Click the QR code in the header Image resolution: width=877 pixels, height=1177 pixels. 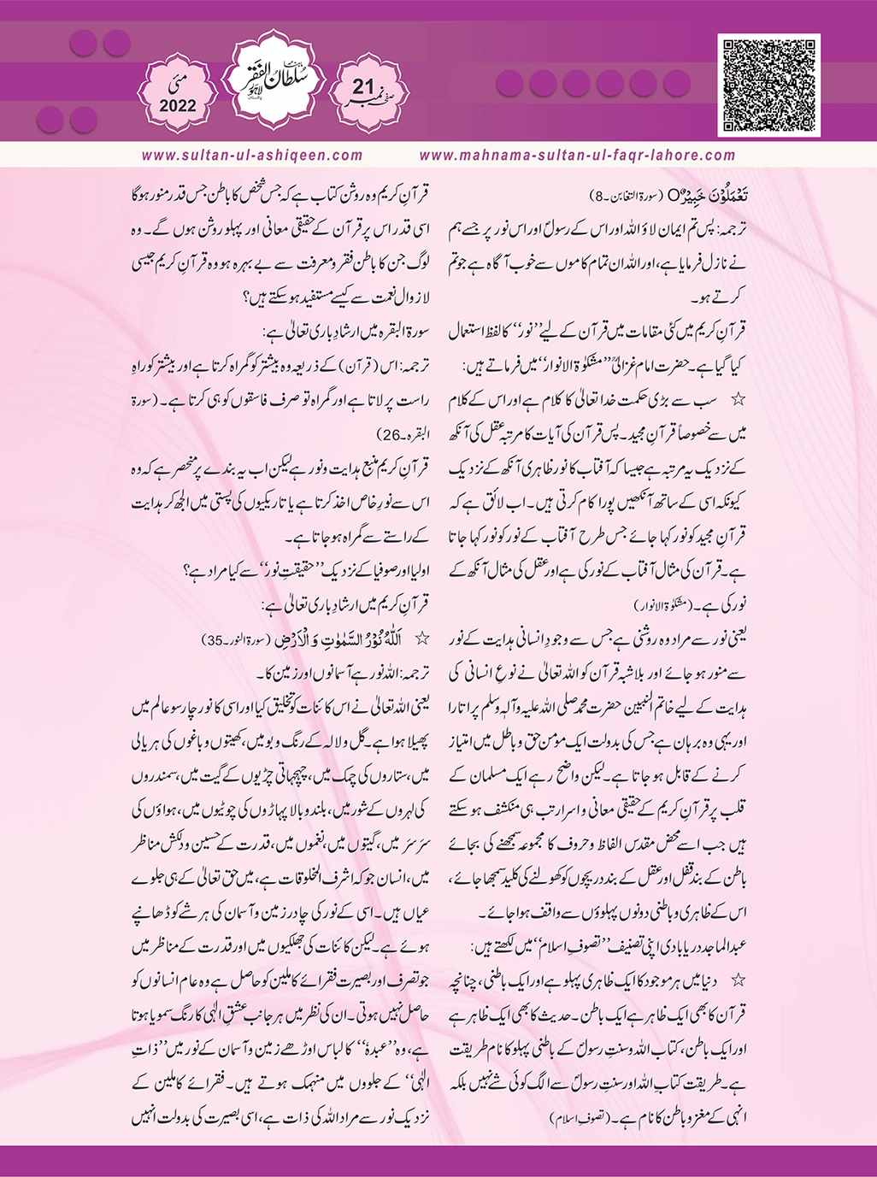pyautogui.click(x=768, y=85)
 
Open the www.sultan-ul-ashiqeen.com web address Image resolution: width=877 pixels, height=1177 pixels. pyautogui.click(x=252, y=156)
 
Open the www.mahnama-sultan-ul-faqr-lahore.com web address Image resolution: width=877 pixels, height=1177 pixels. pyautogui.click(x=578, y=156)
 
